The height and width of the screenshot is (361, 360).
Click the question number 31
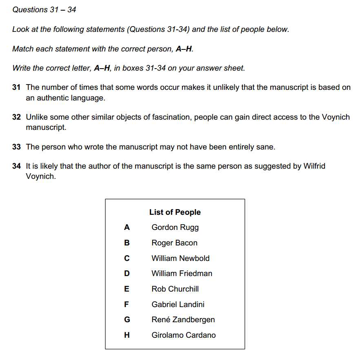tap(16, 87)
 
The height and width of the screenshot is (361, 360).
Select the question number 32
tap(16, 117)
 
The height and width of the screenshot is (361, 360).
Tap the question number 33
tap(16, 147)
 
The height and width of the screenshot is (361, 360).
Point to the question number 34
tap(16, 167)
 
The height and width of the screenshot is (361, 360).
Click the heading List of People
tap(175, 212)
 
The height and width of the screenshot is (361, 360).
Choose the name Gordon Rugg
tap(175, 227)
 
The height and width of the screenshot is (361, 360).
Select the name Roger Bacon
tap(174, 243)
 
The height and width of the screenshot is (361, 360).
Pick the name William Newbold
tap(180, 258)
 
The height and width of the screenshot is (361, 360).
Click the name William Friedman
tap(182, 274)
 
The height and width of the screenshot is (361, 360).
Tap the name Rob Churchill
tap(175, 289)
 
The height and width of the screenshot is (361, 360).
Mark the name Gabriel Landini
tap(178, 305)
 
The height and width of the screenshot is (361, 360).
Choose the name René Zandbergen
tap(183, 320)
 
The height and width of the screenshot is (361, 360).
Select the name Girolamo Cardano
tap(183, 335)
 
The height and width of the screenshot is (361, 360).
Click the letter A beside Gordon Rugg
tap(127, 227)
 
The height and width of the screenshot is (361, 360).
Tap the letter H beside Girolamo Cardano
tap(127, 335)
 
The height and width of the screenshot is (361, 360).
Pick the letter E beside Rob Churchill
tap(127, 289)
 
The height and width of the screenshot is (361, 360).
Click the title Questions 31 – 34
tap(44, 10)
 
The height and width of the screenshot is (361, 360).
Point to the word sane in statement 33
tap(266, 147)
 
